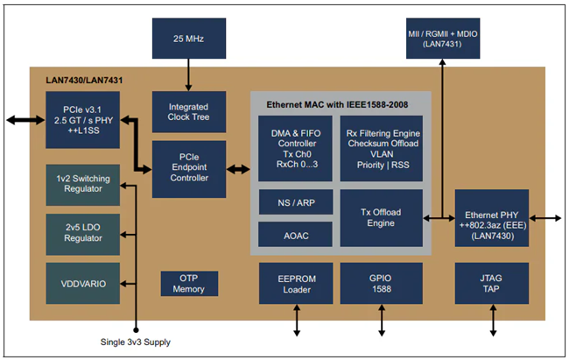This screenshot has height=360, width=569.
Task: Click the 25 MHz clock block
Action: point(189,39)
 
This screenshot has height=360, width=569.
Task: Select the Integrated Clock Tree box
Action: point(189,112)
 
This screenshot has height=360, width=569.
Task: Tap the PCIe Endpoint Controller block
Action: point(189,169)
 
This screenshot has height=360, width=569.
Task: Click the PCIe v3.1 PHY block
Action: point(83,120)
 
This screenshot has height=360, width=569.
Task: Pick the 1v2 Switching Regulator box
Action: point(83,185)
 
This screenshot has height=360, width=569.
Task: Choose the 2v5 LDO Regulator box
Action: point(83,235)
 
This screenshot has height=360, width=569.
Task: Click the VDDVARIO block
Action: point(83,283)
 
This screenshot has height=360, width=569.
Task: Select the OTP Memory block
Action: point(189,283)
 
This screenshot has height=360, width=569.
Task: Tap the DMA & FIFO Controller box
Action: point(295,149)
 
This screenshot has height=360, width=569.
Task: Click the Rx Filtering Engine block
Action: point(381,149)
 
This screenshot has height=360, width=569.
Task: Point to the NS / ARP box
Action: point(296,202)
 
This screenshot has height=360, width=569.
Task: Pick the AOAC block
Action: point(295,235)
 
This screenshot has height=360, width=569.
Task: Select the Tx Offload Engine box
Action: point(381,218)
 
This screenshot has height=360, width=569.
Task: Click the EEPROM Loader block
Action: point(296,283)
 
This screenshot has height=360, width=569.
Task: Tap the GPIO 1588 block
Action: point(381,283)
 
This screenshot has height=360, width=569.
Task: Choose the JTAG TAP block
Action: point(492,283)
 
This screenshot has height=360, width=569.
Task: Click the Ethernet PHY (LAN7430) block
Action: point(492,218)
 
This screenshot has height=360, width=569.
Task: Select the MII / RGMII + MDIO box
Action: point(443,39)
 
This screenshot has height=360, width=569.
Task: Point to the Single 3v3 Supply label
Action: point(136,342)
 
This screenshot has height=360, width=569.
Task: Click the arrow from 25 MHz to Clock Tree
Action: point(188,74)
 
